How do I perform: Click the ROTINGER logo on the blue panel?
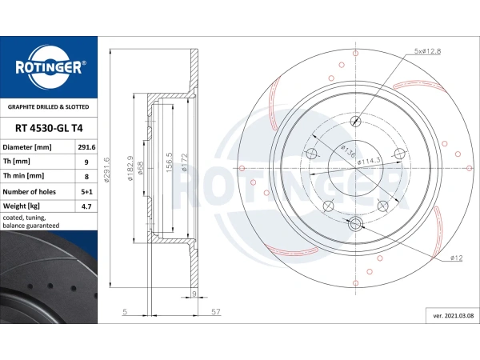coord(49,66)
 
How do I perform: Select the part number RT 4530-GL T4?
coord(49,128)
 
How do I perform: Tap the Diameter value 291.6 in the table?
coord(86,147)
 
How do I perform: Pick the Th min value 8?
coord(86,176)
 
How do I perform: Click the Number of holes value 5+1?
coord(86,192)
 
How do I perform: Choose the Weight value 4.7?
coord(86,206)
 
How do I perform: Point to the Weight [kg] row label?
coord(22,206)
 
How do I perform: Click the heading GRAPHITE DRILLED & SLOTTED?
coord(48,107)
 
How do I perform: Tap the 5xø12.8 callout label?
coord(427,51)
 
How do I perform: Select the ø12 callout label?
coord(456,258)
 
